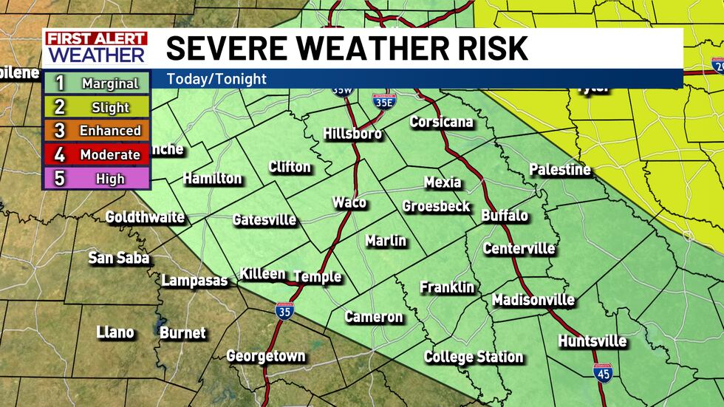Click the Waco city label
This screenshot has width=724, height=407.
(349, 202)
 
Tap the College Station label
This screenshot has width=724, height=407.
(474, 358)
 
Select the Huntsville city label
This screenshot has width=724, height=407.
(592, 341)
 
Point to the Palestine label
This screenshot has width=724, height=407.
(559, 170)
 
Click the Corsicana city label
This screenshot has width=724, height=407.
(441, 122)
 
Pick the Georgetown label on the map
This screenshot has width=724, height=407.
(265, 356)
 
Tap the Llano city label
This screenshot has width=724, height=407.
(115, 332)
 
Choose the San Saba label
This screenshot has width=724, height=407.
(119, 258)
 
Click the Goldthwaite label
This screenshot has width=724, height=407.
(145, 217)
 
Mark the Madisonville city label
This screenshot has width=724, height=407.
(533, 300)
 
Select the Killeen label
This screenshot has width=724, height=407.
(262, 274)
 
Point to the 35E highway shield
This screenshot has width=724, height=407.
(382, 102)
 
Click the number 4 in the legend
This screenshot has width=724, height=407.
(60, 155)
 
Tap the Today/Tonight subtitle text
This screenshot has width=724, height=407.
(216, 79)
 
